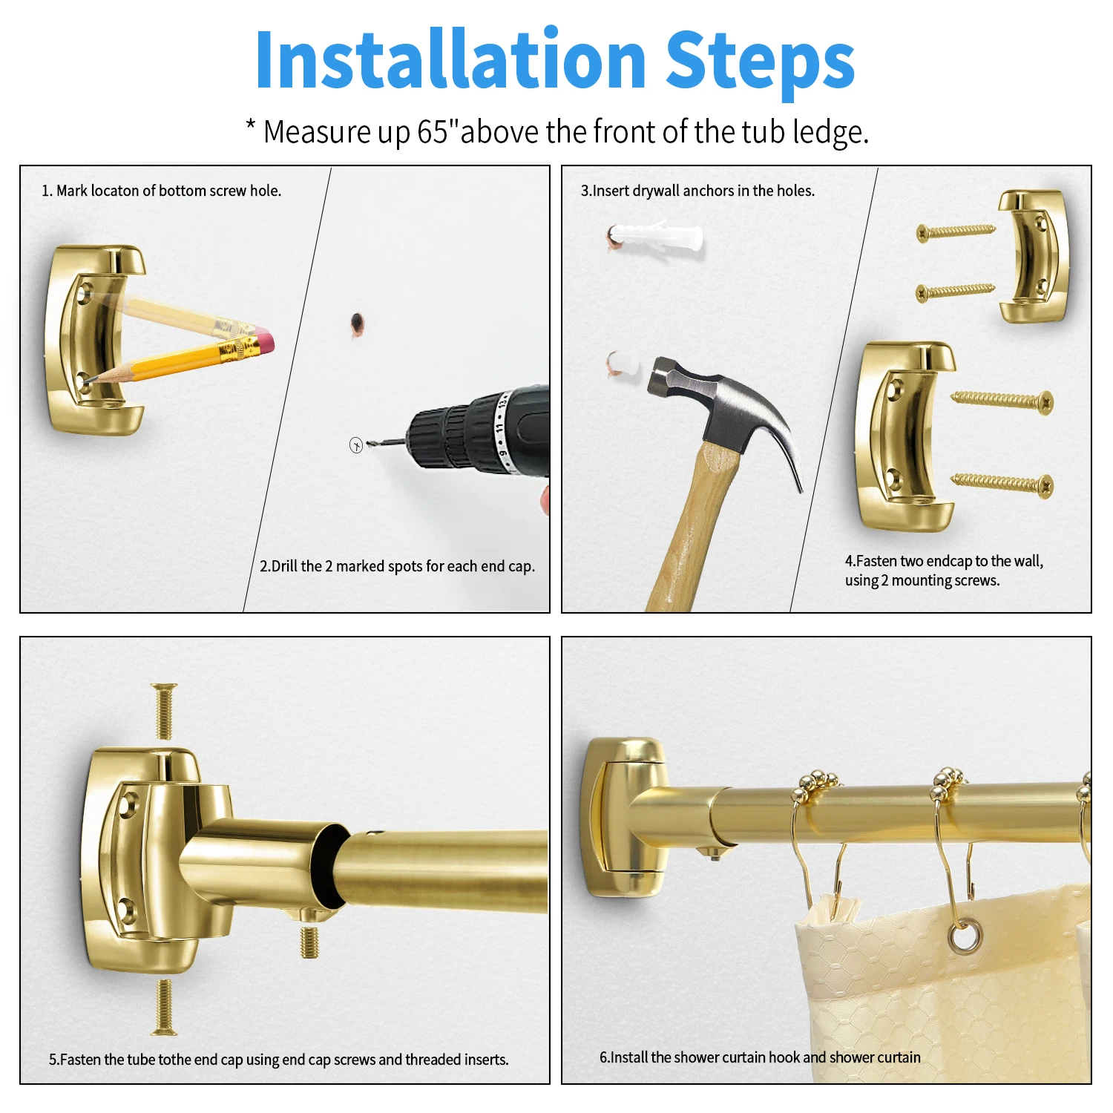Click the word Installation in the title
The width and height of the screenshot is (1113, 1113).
(x=450, y=59)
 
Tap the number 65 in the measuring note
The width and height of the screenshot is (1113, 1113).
(x=433, y=132)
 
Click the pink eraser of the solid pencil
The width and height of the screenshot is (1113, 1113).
(x=264, y=344)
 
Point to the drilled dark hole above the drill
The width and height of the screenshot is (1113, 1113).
(x=357, y=323)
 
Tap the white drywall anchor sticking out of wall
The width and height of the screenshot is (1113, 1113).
(x=656, y=235)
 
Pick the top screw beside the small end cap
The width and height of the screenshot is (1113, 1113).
(x=956, y=232)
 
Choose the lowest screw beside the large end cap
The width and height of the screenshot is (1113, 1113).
(x=1002, y=484)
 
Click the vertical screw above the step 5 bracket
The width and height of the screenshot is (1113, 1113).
(x=164, y=711)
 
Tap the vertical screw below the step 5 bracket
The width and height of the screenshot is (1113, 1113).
(x=164, y=1007)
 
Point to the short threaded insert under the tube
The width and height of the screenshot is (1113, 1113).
(x=310, y=937)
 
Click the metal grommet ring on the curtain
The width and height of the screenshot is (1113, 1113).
(x=964, y=936)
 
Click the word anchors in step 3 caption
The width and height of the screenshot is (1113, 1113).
(x=708, y=191)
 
